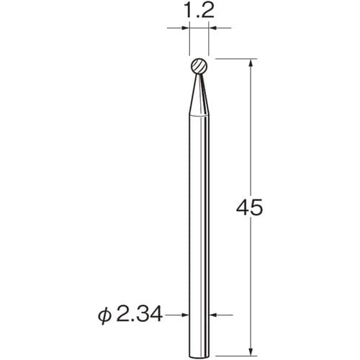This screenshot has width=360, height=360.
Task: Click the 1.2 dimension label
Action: click(199, 11)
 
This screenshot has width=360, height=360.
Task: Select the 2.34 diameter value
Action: click(139, 315)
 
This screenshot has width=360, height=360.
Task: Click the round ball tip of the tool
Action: click(199, 66)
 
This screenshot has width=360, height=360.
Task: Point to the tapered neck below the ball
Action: click(199, 95)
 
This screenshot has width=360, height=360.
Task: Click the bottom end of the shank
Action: click(199, 356)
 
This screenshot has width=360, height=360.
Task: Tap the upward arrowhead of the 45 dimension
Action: click(251, 63)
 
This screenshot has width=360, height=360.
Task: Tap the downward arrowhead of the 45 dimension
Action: click(251, 351)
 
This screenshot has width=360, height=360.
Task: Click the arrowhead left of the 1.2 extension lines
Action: click(186, 28)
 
